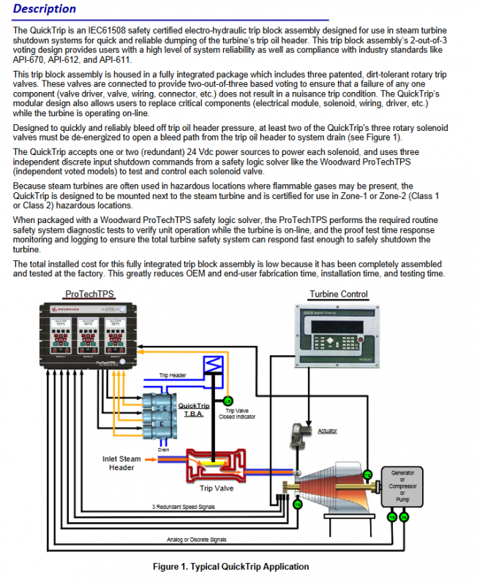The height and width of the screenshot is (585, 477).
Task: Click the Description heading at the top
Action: pos(45,10)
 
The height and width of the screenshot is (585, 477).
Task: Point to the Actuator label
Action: pos(327,431)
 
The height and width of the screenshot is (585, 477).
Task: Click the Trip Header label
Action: pos(173,375)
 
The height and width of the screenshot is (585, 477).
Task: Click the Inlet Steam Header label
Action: pos(121,464)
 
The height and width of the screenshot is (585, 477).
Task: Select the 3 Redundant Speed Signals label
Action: pos(185,507)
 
